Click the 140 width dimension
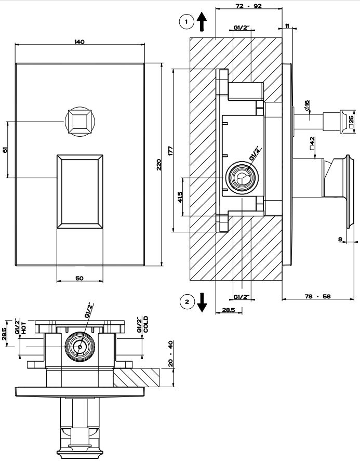[x=79, y=41]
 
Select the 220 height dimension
[x=159, y=164]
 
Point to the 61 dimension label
[x=5, y=150]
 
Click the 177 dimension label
[x=170, y=151]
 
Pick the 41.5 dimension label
[x=180, y=196]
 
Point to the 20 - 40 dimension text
[x=171, y=353]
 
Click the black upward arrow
[x=202, y=21]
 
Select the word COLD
[x=146, y=325]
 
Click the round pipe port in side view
[x=240, y=178]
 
